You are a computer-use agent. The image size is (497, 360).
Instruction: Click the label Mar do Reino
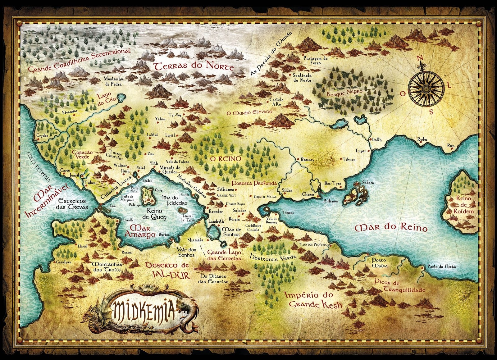tap(391, 228)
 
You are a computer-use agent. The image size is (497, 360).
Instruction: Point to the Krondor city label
tap(216, 212)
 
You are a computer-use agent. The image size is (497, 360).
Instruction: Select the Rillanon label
tap(331, 201)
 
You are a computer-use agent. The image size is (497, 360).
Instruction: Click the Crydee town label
tap(42, 136)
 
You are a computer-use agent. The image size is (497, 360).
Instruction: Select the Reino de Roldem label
tap(463, 205)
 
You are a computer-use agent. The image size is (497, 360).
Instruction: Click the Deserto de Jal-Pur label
tap(167, 270)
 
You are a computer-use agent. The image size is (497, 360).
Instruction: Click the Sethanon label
tap(226, 189)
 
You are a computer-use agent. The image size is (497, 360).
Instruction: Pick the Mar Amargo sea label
tap(139, 231)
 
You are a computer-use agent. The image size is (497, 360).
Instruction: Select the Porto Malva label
tap(379, 263)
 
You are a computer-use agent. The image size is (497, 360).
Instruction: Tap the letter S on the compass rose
tap(431, 112)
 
